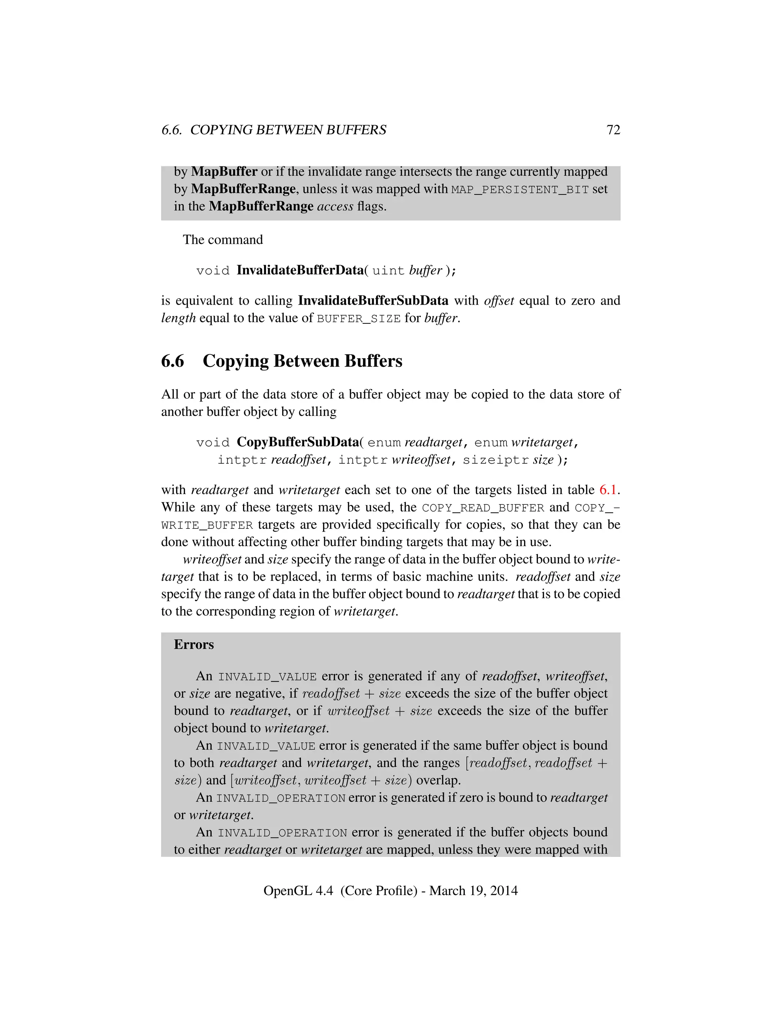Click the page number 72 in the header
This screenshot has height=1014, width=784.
tap(613, 130)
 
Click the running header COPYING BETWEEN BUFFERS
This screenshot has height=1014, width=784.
tap(288, 130)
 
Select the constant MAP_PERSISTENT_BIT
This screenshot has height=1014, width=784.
tap(520, 189)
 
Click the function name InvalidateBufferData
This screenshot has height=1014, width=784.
tap(300, 270)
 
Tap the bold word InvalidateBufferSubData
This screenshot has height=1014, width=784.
tap(373, 301)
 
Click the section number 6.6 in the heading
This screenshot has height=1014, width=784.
tap(173, 361)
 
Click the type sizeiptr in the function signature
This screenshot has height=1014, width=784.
tap(496, 460)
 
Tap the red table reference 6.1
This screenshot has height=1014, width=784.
tap(608, 490)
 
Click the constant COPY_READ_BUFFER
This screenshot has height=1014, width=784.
tap(483, 508)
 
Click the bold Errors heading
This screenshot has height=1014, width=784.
tap(194, 644)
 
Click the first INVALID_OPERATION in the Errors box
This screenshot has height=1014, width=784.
tap(281, 798)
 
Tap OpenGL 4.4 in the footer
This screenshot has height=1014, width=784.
tap(298, 890)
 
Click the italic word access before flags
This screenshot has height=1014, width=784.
tap(335, 206)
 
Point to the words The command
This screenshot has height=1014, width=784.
tap(223, 240)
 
